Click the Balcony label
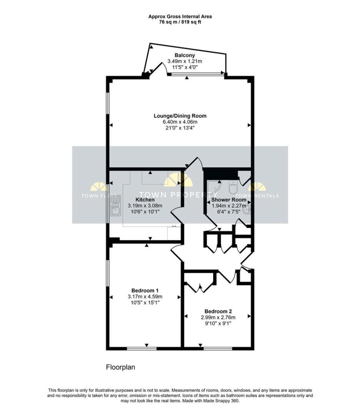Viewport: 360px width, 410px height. tap(184, 55)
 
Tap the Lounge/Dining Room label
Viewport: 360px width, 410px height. tap(180, 116)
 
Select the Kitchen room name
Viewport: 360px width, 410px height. tap(145, 199)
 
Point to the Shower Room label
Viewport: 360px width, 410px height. tap(228, 199)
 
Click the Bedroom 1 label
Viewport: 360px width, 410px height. tap(145, 290)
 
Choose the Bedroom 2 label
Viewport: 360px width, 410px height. tap(218, 311)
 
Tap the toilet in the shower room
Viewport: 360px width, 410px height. tap(234, 187)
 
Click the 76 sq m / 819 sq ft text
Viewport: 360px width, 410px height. tap(180, 22)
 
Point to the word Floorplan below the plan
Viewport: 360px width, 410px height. tap(121, 367)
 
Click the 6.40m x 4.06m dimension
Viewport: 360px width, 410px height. tap(180, 122)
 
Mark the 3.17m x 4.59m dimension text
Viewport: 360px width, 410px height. tap(145, 296)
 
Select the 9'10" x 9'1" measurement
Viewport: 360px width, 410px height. tap(218, 323)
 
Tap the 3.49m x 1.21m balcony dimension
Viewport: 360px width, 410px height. tap(184, 61)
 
